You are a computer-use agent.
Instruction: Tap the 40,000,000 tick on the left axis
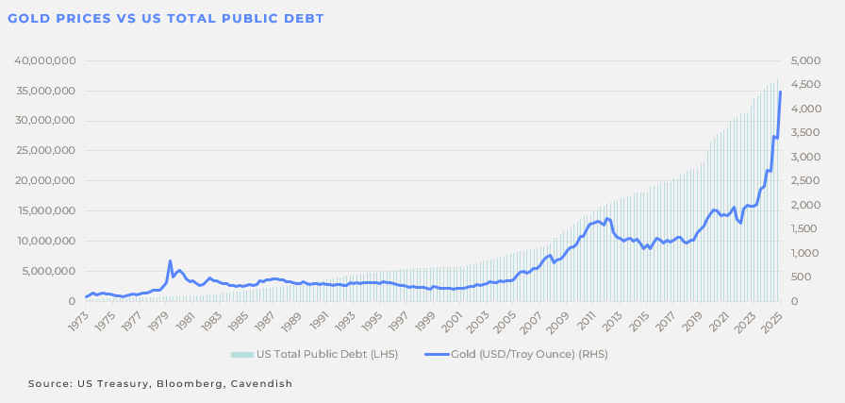[x=45, y=60]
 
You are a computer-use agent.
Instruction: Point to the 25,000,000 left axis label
[x=45, y=151]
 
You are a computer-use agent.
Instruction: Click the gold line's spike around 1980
[x=170, y=261]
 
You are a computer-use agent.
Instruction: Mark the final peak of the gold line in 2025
[x=780, y=92]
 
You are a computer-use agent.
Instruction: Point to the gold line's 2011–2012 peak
[x=608, y=219]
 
